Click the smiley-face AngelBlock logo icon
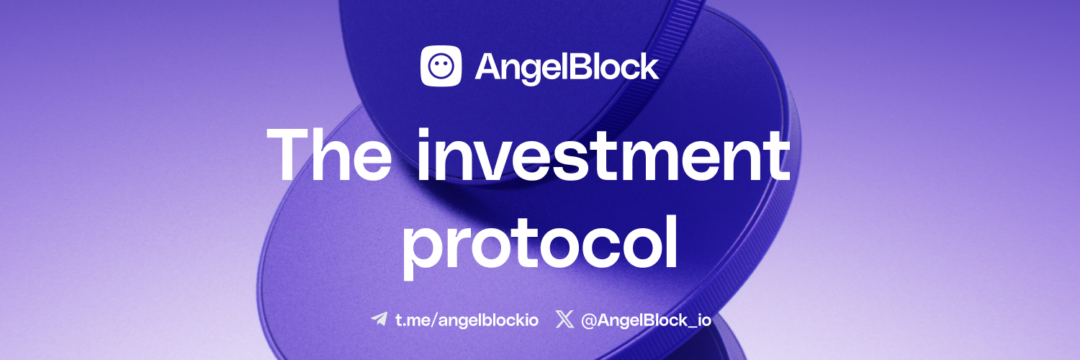point(441,66)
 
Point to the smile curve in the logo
point(441,73)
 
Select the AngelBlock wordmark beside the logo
point(567,67)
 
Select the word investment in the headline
point(603,155)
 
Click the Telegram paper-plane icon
point(379,319)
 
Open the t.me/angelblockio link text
point(467,320)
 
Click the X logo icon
point(564,319)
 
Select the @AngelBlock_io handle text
point(646,320)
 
